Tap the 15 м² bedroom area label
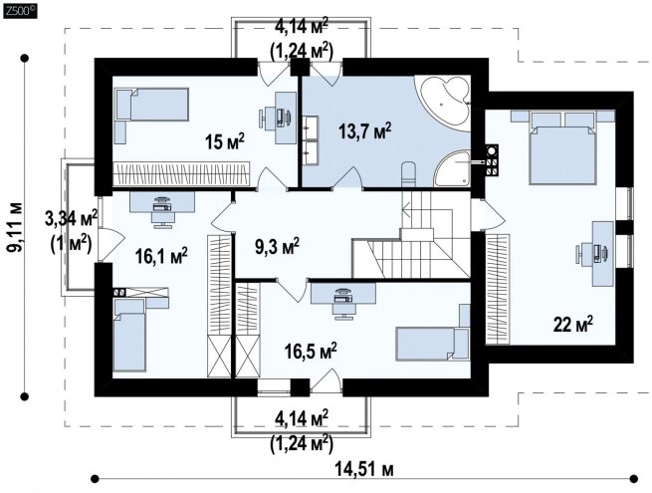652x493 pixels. point(225,141)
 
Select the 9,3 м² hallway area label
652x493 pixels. point(277,247)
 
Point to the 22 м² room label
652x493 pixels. point(572,324)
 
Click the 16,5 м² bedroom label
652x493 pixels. point(311,352)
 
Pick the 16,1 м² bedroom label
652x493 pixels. point(161,256)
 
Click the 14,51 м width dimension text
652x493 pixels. point(364,470)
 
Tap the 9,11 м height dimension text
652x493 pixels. point(15,227)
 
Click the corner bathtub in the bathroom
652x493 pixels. point(445,102)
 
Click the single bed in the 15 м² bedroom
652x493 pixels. point(152,104)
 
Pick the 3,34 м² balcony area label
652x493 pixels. point(71,218)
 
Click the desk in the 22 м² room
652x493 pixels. point(602,253)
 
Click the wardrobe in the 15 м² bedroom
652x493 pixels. point(182,173)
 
